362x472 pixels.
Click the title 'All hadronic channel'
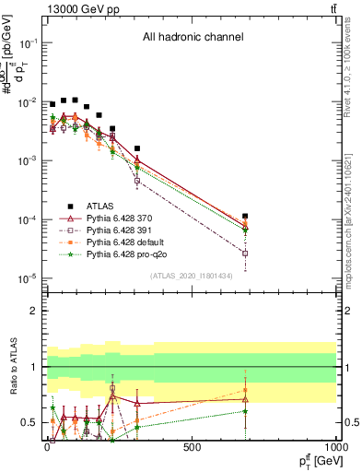pyautogui.click(x=193, y=38)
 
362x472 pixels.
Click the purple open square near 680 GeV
pyautogui.click(x=245, y=253)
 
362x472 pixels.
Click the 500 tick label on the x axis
pyautogui.click(x=192, y=448)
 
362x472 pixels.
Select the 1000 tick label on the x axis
pyautogui.click(x=335, y=448)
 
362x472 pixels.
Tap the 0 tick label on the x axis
pyautogui.click(x=47, y=448)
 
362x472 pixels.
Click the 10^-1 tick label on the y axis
pyautogui.click(x=28, y=43)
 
